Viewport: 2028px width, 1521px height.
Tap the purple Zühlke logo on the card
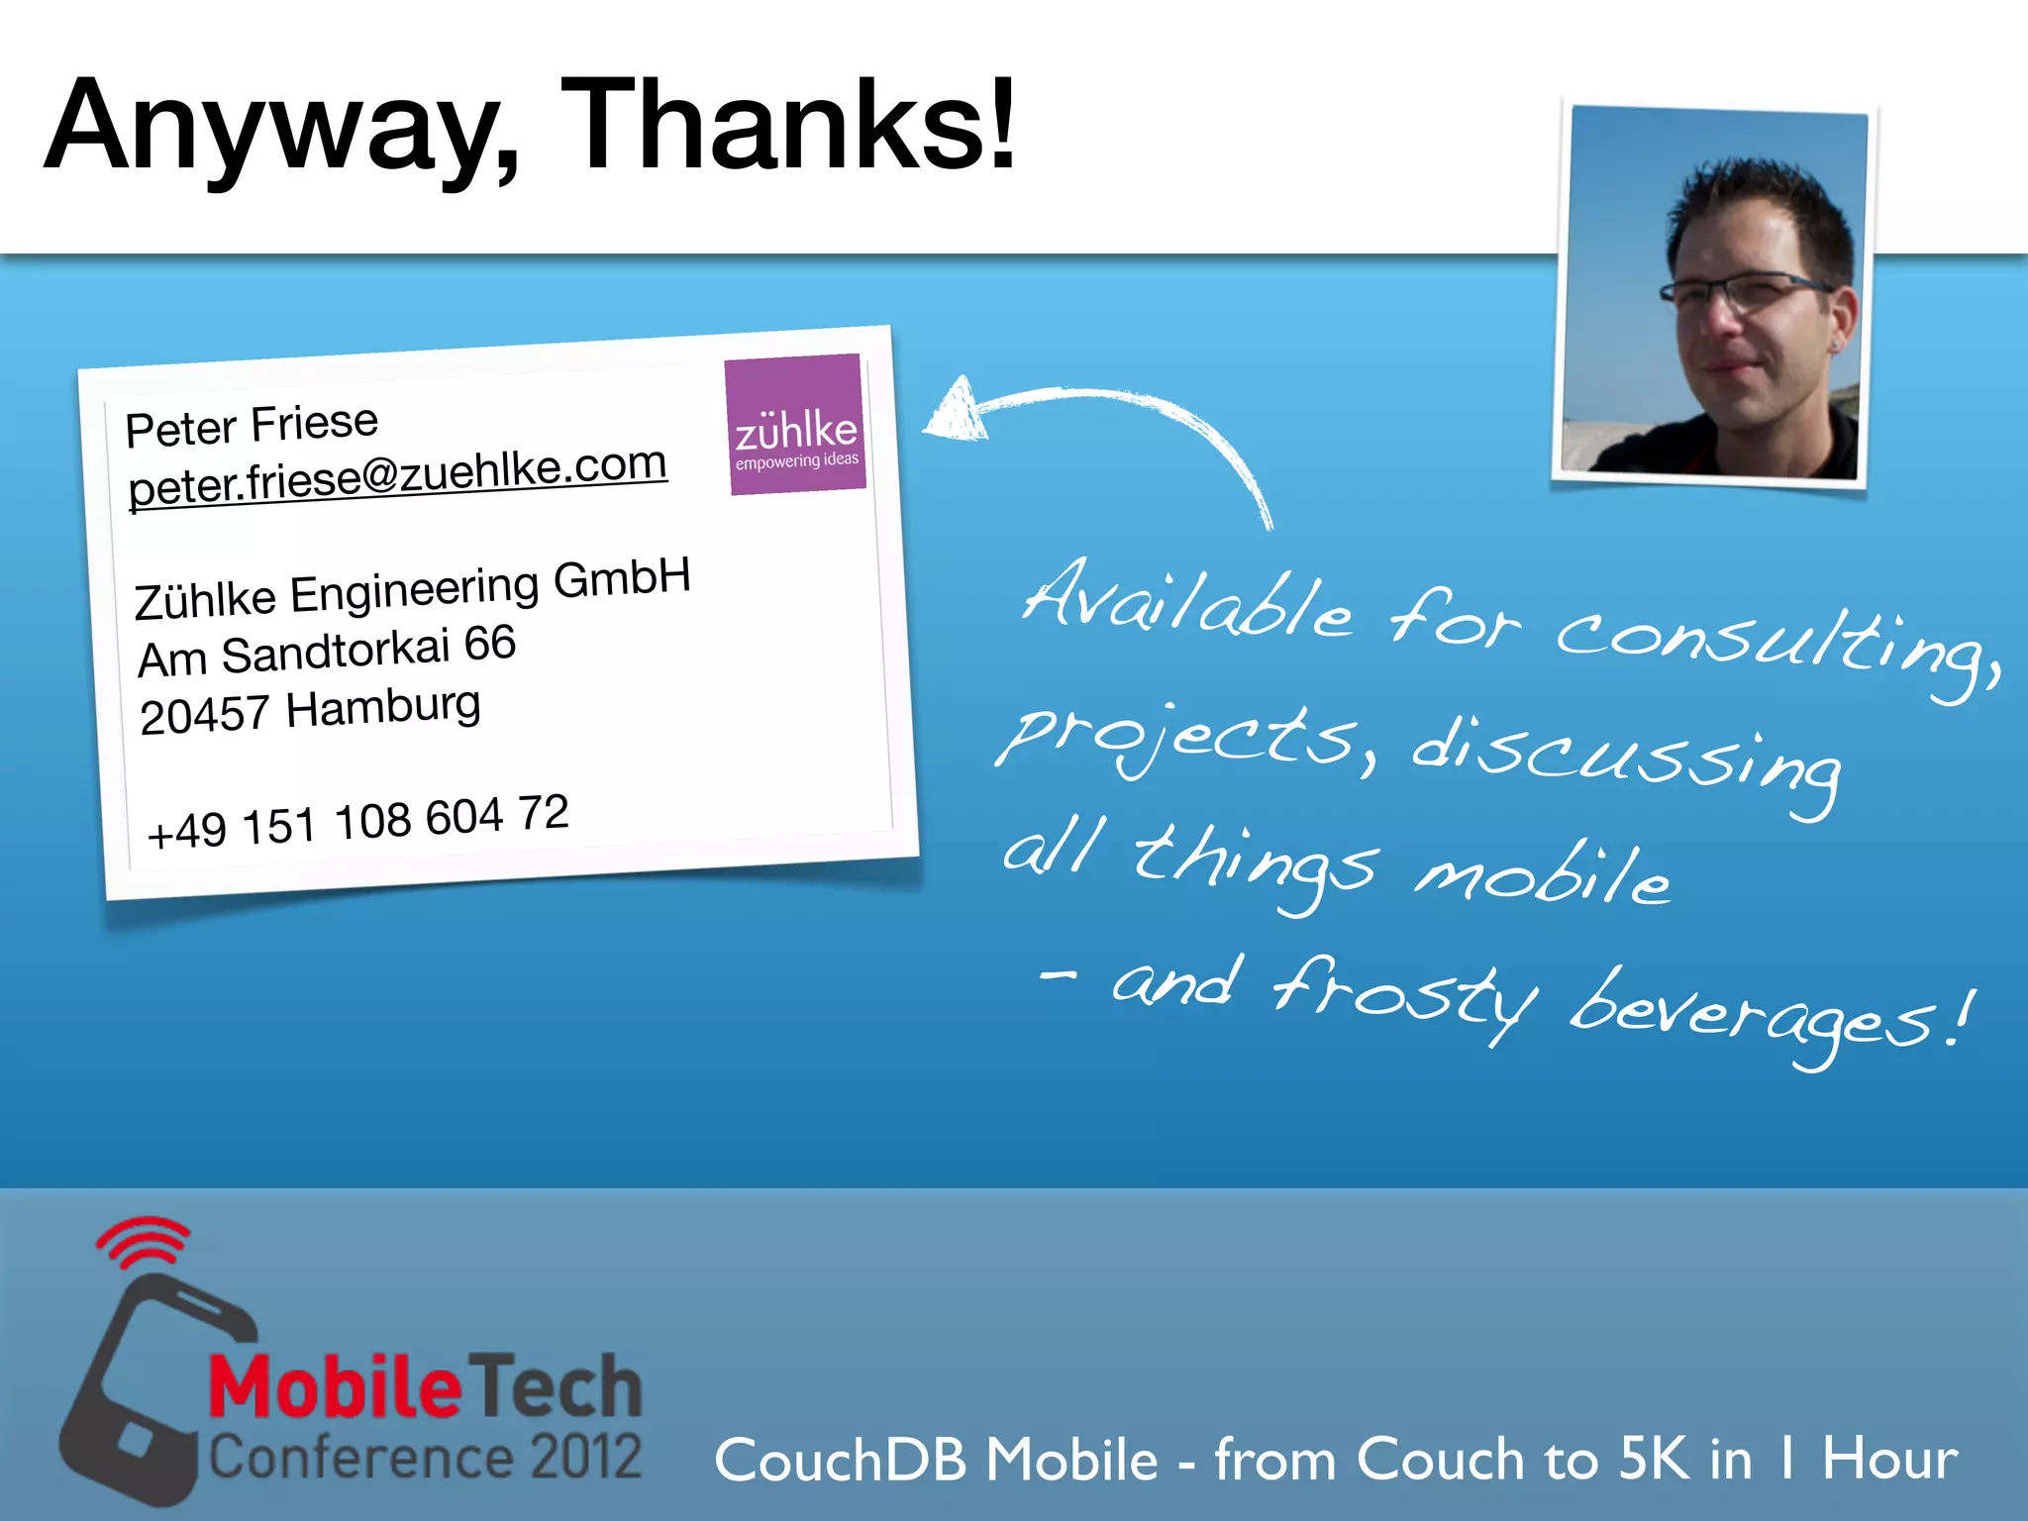pos(795,425)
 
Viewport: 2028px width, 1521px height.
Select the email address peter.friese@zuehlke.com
pos(398,475)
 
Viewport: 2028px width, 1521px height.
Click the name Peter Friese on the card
pos(252,425)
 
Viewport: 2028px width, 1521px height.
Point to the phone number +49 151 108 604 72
pos(357,822)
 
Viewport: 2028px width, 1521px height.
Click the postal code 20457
pos(204,715)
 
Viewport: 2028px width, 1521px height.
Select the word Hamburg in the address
pos(383,707)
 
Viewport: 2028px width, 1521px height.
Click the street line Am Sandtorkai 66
pos(326,652)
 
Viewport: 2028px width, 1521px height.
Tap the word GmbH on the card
pos(621,578)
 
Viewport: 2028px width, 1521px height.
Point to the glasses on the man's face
pos(1748,289)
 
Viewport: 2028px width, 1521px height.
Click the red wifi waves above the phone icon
pos(144,1242)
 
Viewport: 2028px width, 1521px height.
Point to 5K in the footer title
pos(1654,1458)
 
